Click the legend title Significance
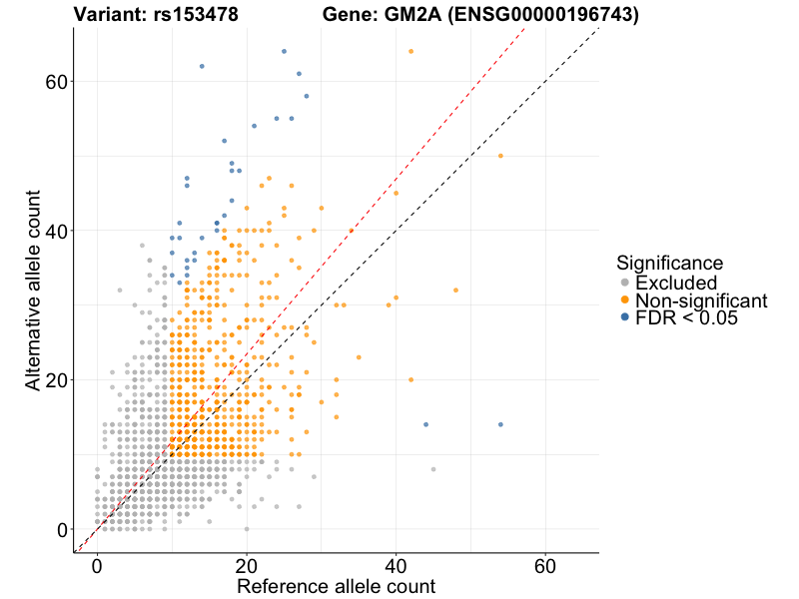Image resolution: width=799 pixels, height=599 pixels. click(669, 264)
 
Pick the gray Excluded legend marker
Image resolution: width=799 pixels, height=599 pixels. click(624, 283)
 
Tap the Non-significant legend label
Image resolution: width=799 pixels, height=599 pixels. click(701, 300)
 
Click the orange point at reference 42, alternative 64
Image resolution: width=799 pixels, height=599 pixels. click(410, 51)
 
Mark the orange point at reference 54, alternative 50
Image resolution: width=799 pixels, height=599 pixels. click(500, 156)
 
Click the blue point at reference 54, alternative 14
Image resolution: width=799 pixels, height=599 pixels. click(500, 424)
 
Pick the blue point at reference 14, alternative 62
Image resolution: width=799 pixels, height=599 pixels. click(202, 66)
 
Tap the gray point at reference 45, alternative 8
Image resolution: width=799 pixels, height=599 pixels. click(433, 469)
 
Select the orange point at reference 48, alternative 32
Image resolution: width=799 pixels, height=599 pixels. click(455, 291)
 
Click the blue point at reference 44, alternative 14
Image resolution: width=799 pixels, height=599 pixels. click(425, 424)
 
